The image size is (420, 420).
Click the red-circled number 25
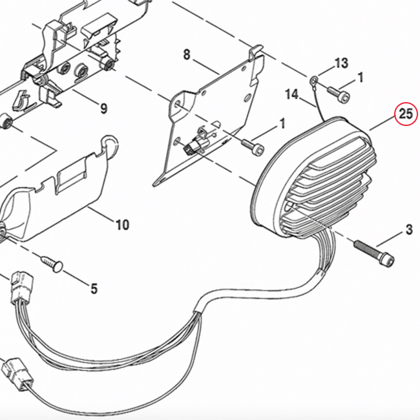click(405, 115)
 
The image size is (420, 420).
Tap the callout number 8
click(187, 56)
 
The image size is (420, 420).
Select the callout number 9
click(103, 108)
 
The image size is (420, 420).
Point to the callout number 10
click(122, 225)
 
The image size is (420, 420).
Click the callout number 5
click(94, 289)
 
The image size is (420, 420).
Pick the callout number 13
click(341, 63)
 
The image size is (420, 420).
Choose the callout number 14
click(291, 94)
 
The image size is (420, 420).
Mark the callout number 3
click(408, 229)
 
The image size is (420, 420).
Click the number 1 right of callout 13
click(361, 78)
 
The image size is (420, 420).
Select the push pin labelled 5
click(51, 262)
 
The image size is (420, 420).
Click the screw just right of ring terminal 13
click(337, 93)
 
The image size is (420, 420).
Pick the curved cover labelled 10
click(58, 194)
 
